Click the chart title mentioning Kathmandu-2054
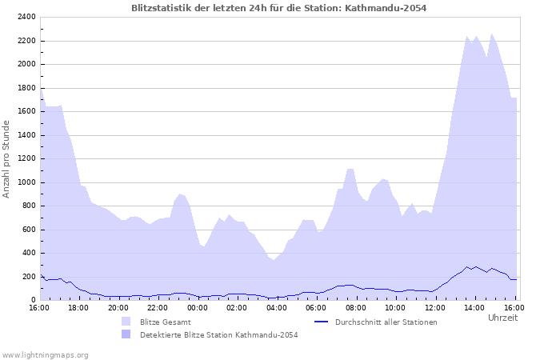coord(279,8)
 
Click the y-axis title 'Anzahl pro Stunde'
coord(6,158)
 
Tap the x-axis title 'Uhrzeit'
coord(502,318)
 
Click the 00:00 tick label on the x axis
coord(198,307)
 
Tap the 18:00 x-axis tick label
coord(78,307)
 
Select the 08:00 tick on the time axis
coord(356,307)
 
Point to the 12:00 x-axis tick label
coord(435,307)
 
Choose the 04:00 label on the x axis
coord(277,307)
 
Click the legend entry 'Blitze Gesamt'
coord(166,322)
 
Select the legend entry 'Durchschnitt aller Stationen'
coord(386,322)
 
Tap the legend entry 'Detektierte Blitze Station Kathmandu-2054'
coord(218,334)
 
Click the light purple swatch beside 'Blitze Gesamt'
coord(126,322)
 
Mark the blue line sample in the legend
coord(322,322)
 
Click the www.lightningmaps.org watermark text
coord(45,354)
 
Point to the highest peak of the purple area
coord(492,34)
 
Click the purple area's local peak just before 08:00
coord(350,169)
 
